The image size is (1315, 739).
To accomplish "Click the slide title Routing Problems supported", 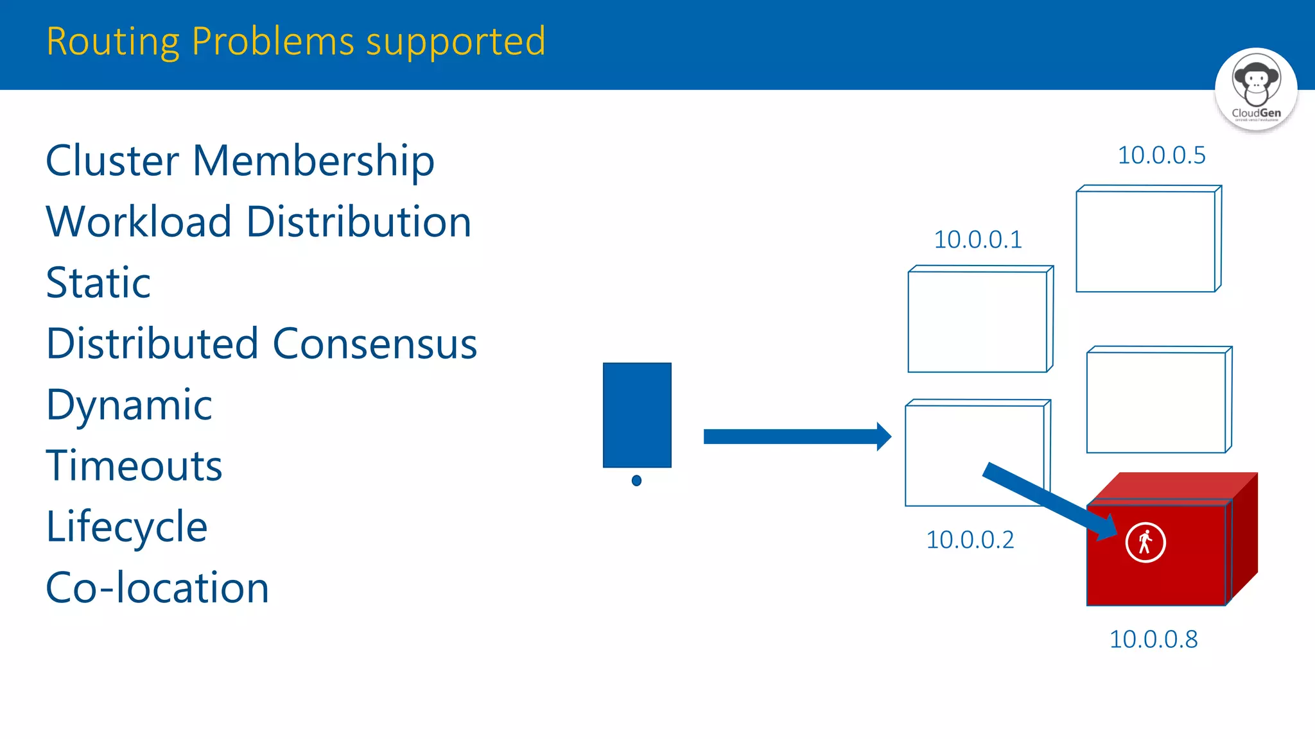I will [x=296, y=42].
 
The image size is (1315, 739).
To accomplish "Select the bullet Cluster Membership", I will [x=240, y=160].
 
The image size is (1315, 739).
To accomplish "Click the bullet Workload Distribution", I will [x=259, y=222].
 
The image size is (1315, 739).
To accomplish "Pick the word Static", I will [x=98, y=283].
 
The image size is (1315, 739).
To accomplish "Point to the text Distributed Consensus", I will [x=262, y=344].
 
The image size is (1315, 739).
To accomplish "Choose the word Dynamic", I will [x=129, y=405].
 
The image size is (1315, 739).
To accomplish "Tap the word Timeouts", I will [x=134, y=466].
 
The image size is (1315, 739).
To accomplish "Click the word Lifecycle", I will [x=127, y=527].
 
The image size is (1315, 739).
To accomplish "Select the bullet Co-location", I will [x=157, y=588].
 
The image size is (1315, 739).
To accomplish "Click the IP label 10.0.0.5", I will [x=1162, y=156].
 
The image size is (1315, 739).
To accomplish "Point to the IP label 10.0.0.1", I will [x=977, y=240].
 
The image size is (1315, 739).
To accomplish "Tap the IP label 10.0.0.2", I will [x=970, y=540].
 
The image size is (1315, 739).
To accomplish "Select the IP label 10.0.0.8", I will [x=1153, y=640].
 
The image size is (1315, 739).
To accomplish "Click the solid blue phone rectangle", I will [x=637, y=415].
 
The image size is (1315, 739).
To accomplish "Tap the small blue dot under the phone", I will [x=636, y=480].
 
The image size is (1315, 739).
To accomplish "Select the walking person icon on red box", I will [x=1145, y=543].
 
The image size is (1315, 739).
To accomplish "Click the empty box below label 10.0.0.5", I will [x=1148, y=239].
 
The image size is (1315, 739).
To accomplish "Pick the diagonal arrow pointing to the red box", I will [x=1047, y=499].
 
